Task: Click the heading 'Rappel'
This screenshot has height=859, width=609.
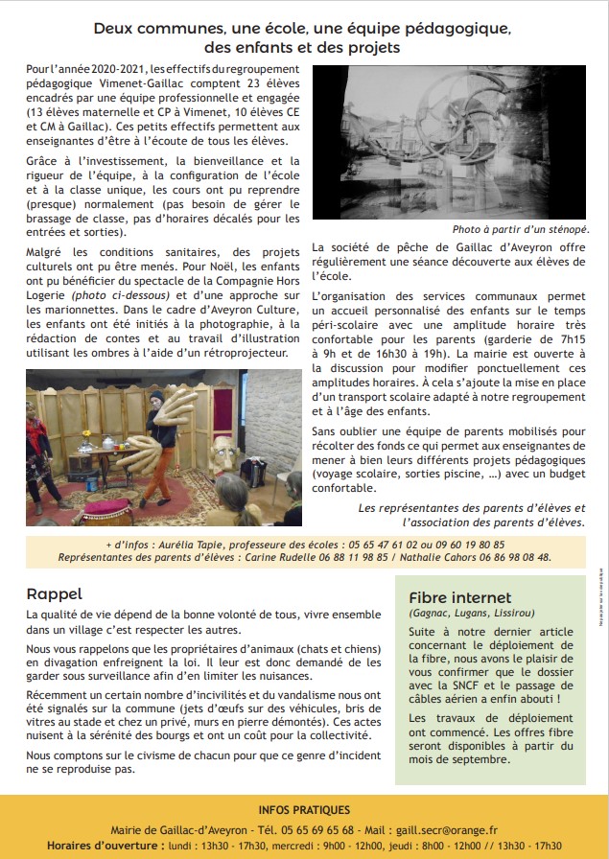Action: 55,593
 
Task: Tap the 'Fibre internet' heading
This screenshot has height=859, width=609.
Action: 460,597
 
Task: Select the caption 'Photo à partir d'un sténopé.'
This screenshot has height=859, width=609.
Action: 521,230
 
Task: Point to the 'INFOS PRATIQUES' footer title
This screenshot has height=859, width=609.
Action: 304,810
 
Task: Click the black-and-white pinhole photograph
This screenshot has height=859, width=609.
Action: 449,142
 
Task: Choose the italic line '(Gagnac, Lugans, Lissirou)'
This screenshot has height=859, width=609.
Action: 472,613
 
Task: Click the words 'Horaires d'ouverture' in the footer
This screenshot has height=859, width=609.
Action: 104,846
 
